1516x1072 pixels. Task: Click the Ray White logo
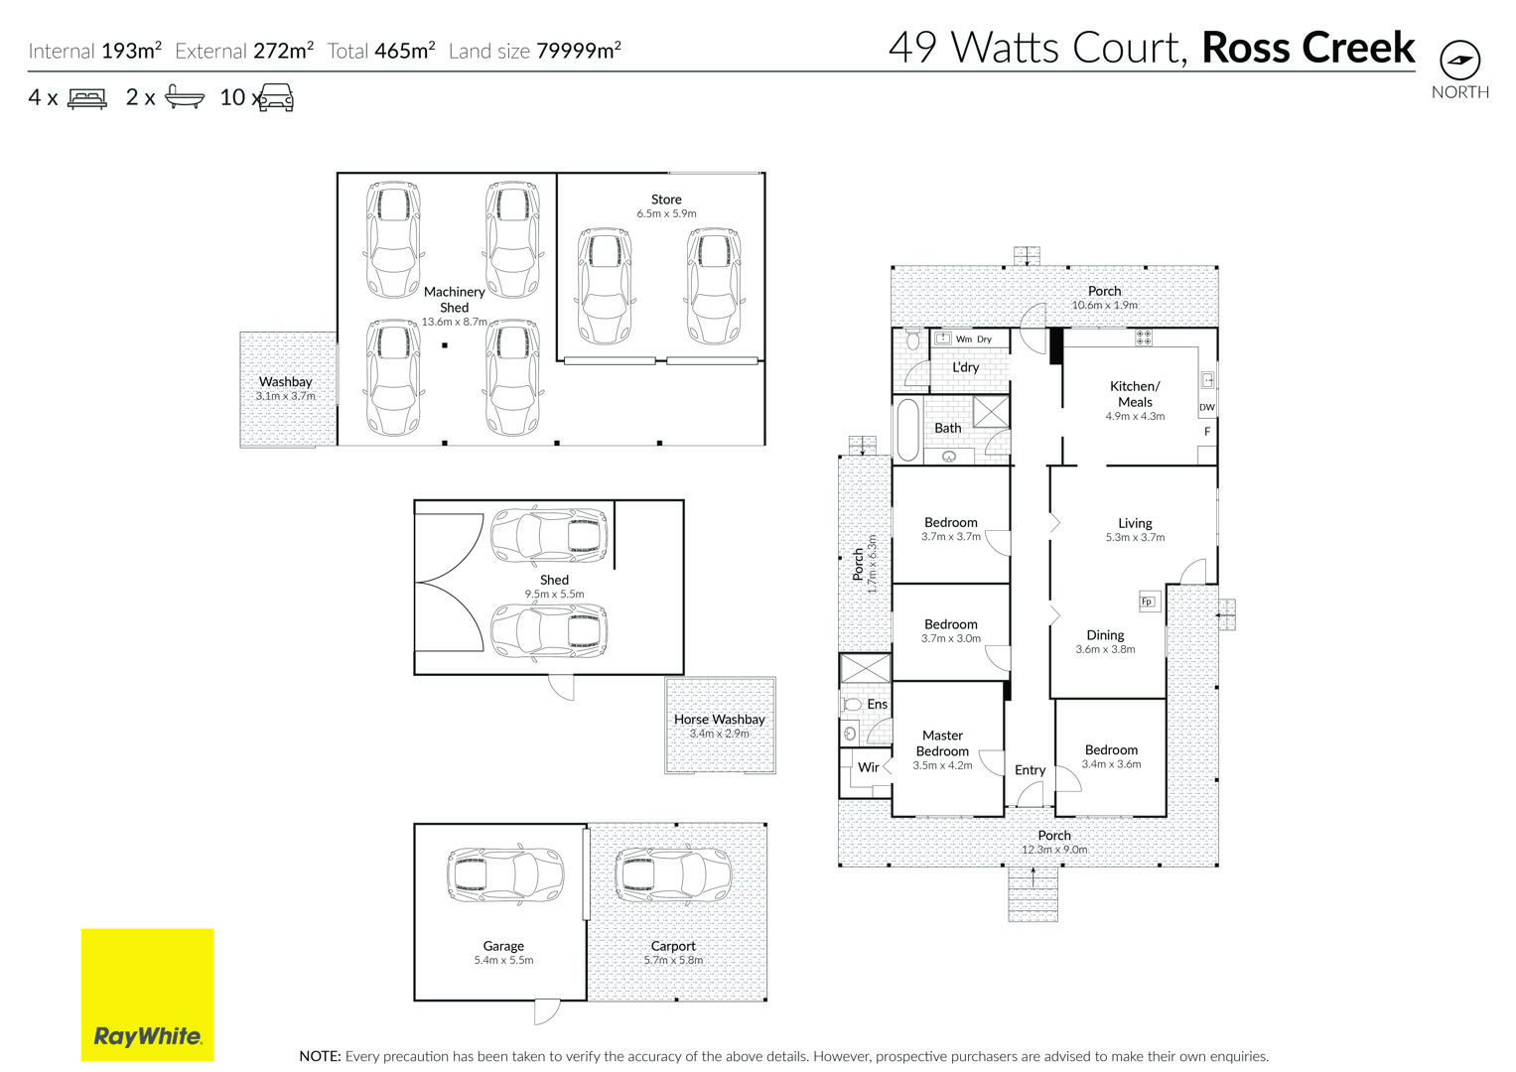coord(148,995)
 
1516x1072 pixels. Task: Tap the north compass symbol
coord(1459,61)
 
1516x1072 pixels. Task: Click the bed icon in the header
coord(87,98)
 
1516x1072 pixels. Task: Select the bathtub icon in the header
coord(184,97)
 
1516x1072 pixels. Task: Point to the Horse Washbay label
coord(720,719)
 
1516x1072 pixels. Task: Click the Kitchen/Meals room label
coord(1135,394)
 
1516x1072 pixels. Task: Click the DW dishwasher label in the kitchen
coord(1207,407)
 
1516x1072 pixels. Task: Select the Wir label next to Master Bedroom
coord(869,766)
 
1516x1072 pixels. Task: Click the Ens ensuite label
coord(877,704)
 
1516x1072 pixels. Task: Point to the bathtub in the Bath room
coord(907,430)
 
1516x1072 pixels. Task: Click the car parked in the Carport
coord(673,875)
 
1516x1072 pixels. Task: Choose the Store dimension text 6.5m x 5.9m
coord(666,213)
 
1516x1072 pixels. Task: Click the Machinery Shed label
coord(454,299)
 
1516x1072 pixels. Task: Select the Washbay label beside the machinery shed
coord(286,382)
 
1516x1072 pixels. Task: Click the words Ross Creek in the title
coord(1309,48)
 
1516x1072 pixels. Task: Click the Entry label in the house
coord(1031,770)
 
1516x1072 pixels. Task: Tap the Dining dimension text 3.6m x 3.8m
coord(1106,649)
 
